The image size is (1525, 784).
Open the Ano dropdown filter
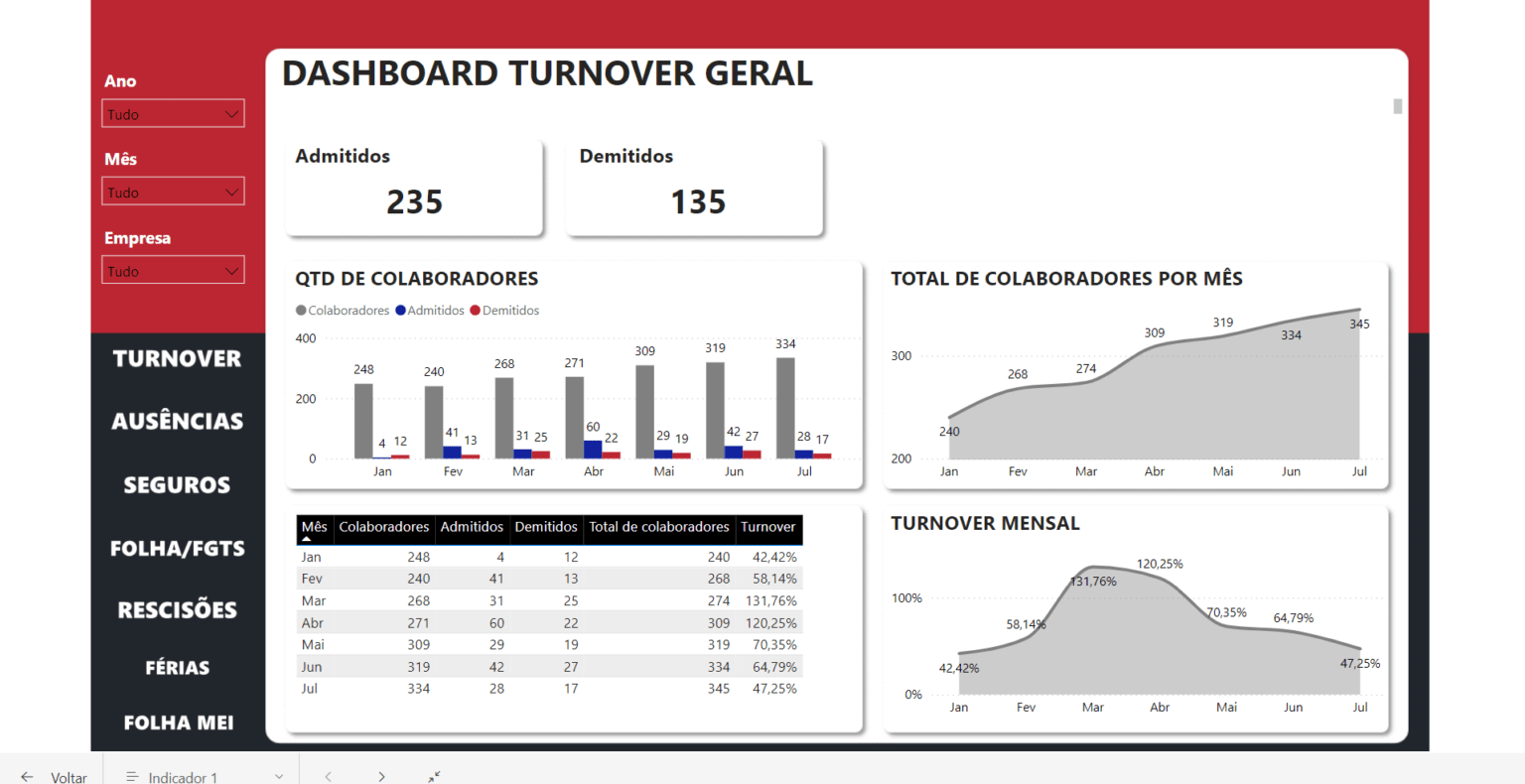[x=173, y=114]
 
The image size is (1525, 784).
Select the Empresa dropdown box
[x=173, y=271]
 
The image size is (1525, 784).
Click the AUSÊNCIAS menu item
[x=177, y=422]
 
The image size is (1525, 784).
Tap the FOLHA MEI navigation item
[x=178, y=723]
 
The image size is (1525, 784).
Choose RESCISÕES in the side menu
[x=177, y=610]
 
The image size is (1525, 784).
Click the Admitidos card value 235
[x=414, y=202]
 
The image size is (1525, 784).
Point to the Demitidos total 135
[x=698, y=202]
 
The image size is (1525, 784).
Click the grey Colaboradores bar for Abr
[x=574, y=417]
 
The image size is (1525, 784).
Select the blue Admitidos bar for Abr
[x=593, y=449]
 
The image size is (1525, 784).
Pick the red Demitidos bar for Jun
[x=752, y=454]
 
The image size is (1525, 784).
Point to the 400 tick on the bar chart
[x=306, y=338]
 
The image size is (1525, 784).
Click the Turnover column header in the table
[x=767, y=527]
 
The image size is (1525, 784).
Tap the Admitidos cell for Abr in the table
[x=496, y=623]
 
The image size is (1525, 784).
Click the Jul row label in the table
[x=310, y=689]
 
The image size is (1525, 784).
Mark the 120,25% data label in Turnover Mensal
[x=1160, y=564]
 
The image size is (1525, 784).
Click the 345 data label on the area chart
[x=1359, y=325]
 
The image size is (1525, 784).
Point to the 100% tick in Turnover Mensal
[x=906, y=598]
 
